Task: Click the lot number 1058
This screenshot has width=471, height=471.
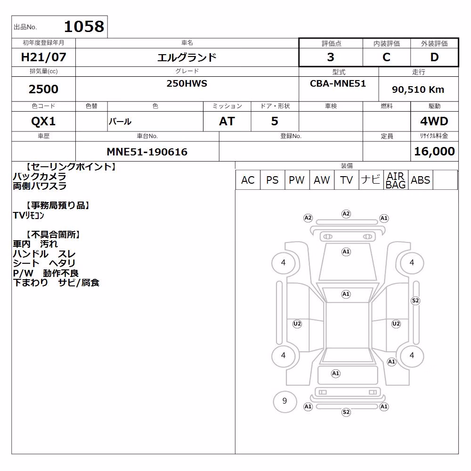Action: tap(84, 27)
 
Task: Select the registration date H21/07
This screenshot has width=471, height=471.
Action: tap(43, 57)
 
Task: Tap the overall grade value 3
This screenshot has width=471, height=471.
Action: tap(331, 57)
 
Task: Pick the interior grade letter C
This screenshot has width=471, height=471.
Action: tap(386, 57)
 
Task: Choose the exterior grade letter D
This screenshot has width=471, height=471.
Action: tap(434, 57)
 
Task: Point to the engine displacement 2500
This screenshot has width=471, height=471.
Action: tap(43, 89)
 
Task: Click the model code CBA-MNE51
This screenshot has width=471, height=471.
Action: tap(338, 83)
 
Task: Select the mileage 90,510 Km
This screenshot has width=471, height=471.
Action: tap(418, 89)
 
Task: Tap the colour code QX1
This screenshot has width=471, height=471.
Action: tap(43, 122)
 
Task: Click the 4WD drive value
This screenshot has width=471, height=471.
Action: tap(434, 122)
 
